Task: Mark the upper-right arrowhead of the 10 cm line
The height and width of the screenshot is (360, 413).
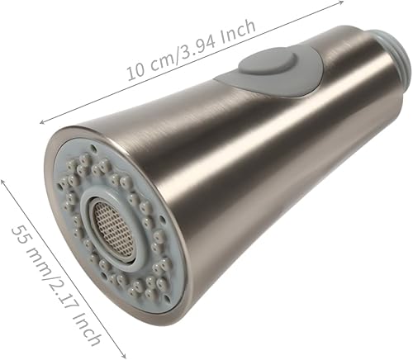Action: (x=341, y=3)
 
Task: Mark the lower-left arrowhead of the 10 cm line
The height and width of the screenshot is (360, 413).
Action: (x=41, y=122)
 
